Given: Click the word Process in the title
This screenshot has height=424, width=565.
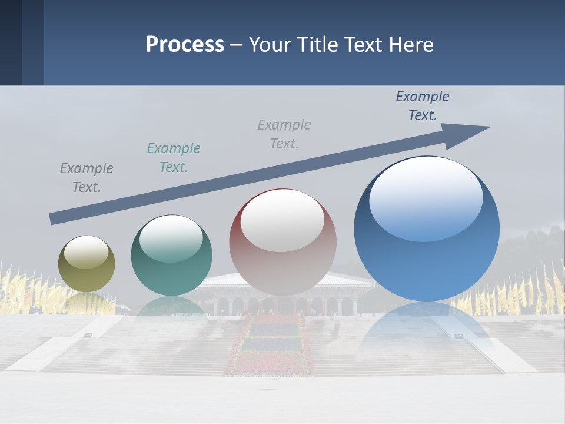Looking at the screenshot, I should click(185, 45).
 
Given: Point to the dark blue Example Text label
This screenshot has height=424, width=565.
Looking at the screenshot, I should click(422, 106).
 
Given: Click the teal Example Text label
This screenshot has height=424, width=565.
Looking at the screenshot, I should click(173, 158).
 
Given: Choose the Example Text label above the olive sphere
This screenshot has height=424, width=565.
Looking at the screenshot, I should click(87, 178).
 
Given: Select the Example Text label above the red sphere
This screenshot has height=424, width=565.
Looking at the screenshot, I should click(284, 134).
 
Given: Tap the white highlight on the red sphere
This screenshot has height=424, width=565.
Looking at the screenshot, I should click(282, 221).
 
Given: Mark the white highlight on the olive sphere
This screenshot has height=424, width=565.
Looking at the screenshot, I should click(87, 253).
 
